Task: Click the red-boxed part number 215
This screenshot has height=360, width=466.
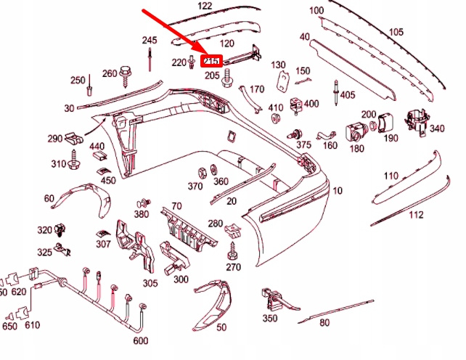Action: (212, 61)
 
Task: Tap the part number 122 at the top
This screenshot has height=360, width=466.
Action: (205, 6)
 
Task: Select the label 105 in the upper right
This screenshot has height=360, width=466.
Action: (396, 32)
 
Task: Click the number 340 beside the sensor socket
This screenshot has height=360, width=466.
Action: (437, 128)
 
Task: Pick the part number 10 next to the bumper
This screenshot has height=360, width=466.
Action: (337, 191)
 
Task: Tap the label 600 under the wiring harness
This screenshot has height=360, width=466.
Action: (141, 340)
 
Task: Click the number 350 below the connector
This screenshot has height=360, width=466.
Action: (269, 318)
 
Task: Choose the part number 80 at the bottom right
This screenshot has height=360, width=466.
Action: (324, 323)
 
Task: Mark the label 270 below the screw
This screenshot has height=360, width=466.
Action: (233, 267)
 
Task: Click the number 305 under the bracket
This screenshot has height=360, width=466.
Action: (150, 283)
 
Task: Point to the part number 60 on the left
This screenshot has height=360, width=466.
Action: (49, 198)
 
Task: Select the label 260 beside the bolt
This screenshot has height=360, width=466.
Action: (110, 73)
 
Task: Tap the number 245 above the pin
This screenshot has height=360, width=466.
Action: (150, 40)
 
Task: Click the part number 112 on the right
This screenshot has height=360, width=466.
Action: (415, 215)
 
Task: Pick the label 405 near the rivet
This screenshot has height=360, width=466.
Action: (347, 95)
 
